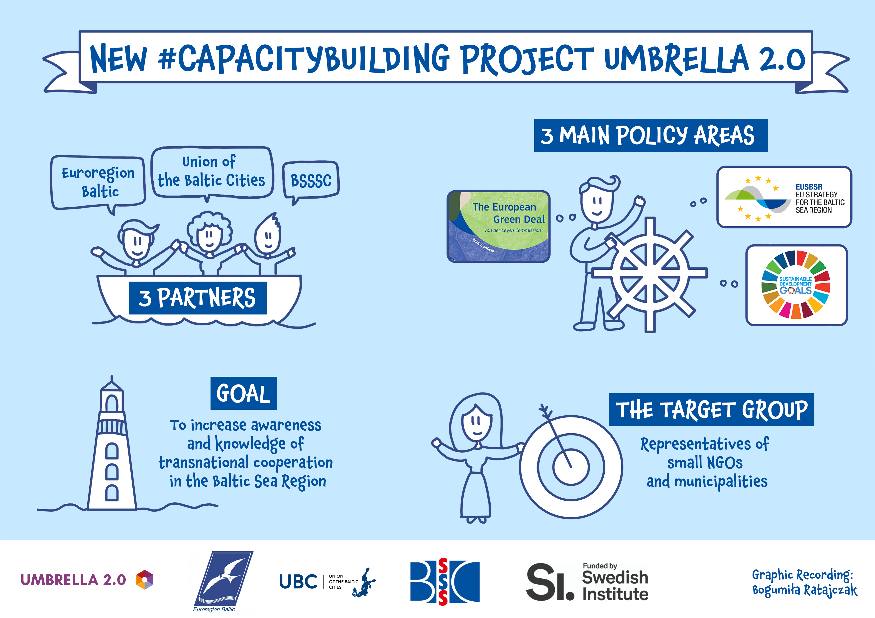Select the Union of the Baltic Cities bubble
coord(212,172)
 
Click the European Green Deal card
coord(498,226)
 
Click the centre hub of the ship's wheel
coord(650,273)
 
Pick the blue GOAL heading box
coord(243,393)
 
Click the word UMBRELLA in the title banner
coord(676,59)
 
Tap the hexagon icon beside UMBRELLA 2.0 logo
coord(144,580)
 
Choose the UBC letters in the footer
coord(298,581)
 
